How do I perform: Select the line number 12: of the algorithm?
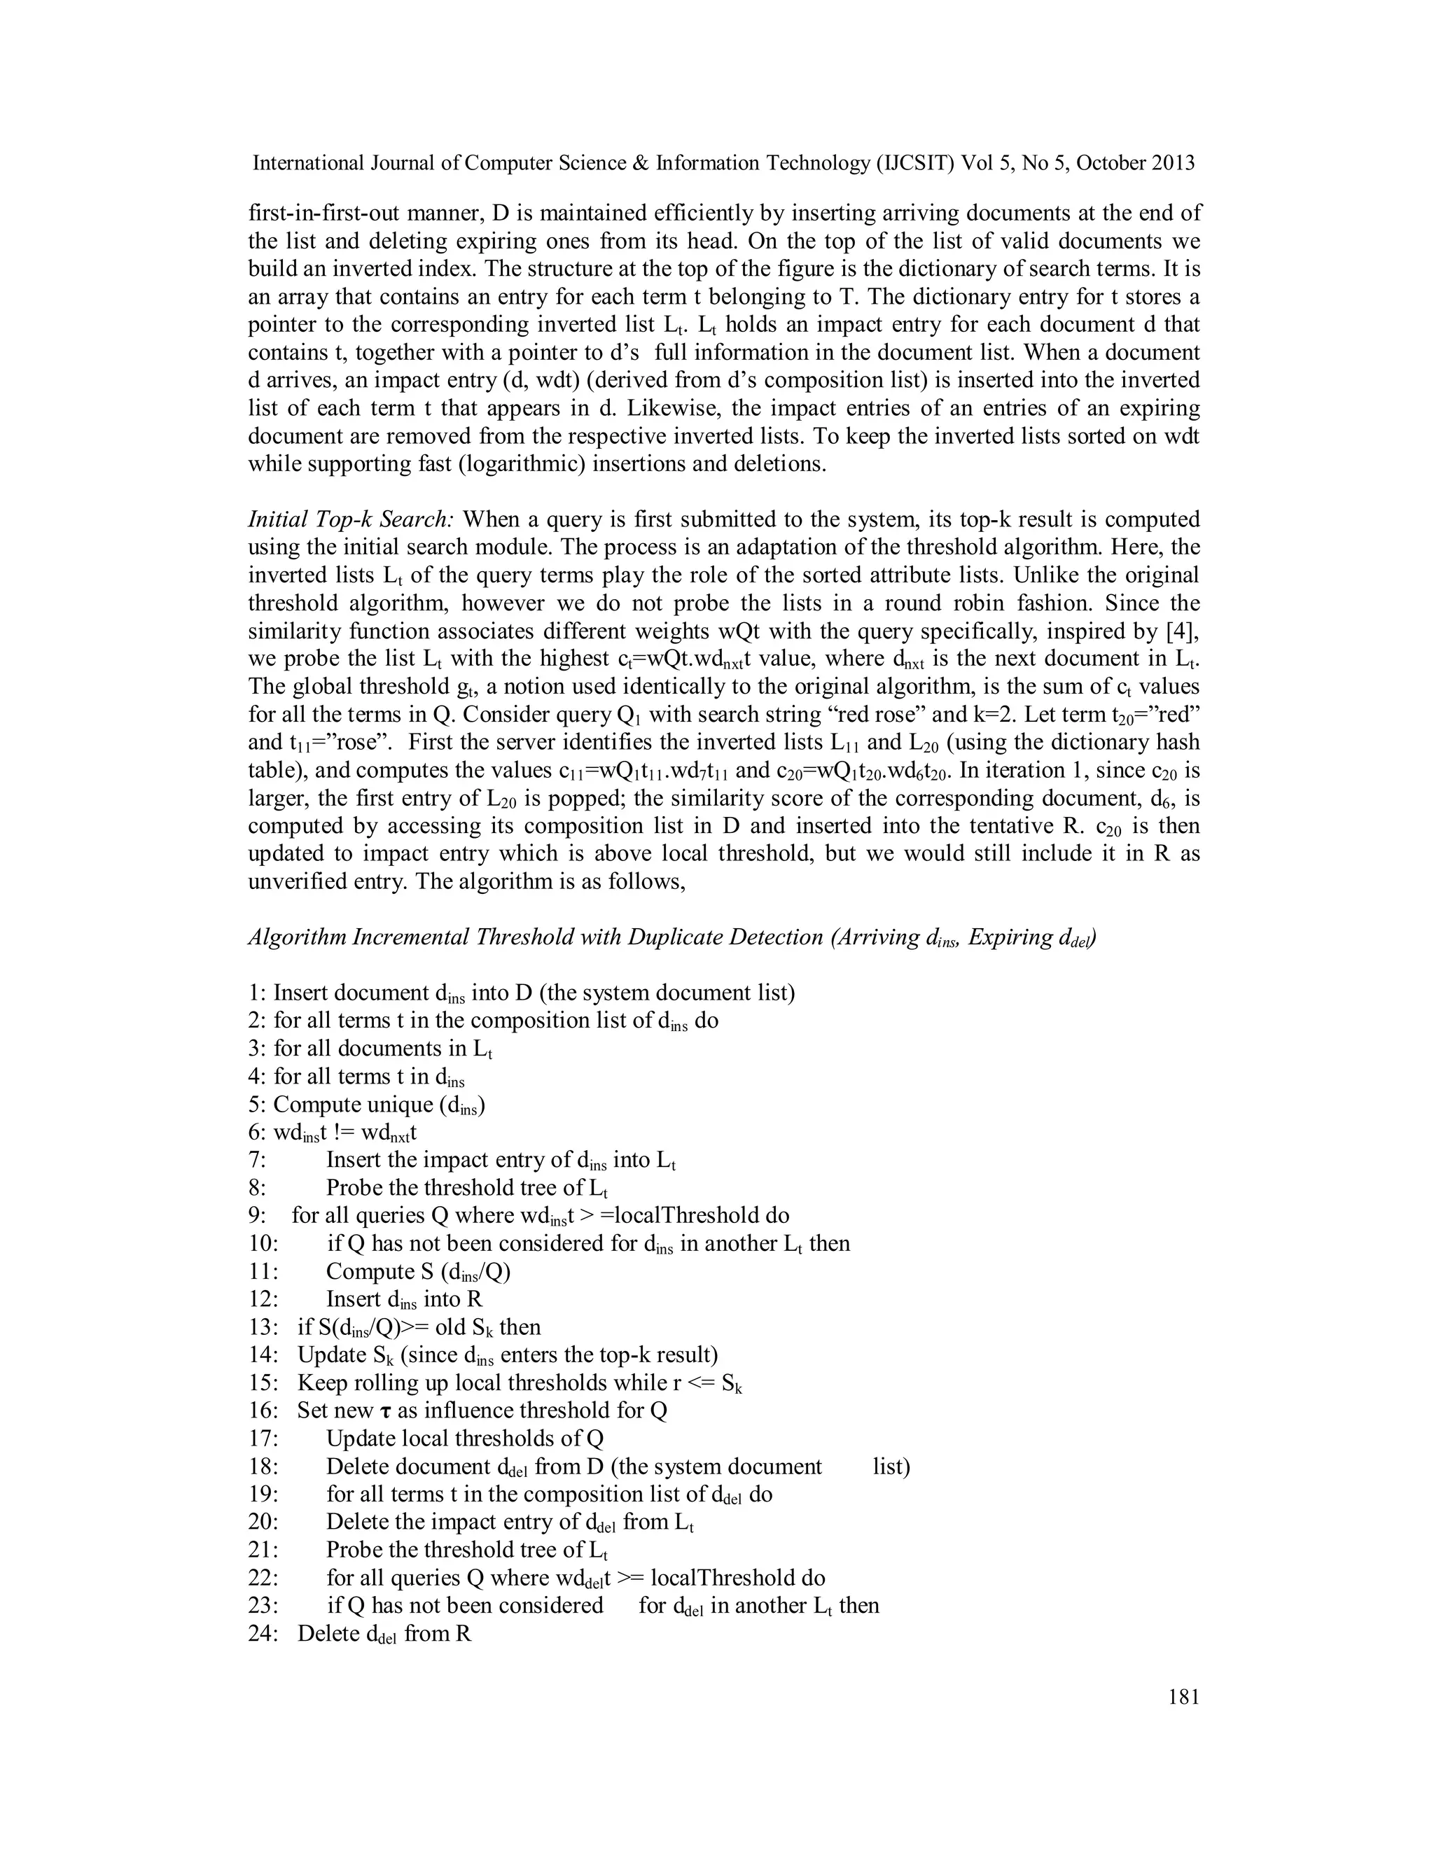(263, 1298)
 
